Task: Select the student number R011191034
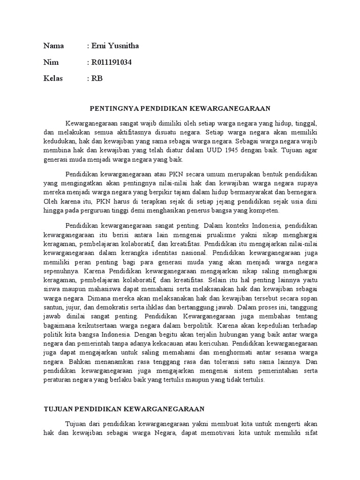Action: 113,62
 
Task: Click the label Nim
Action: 50,62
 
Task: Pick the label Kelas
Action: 53,78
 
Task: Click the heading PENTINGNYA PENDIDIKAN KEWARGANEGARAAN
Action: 180,108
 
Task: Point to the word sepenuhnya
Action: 61,271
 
